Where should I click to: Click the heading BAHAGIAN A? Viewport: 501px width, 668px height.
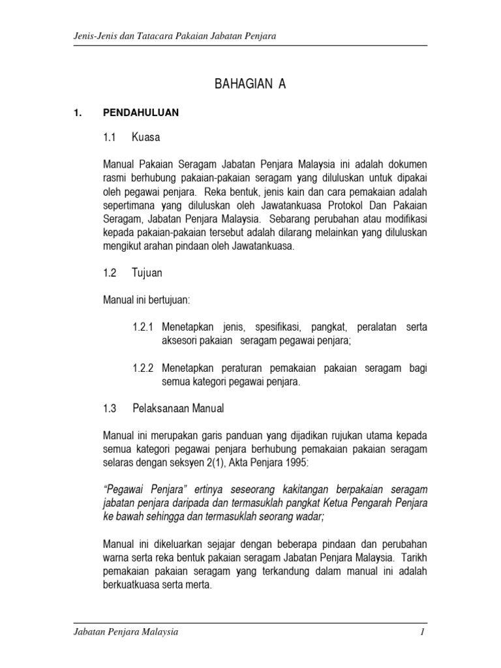[250, 85]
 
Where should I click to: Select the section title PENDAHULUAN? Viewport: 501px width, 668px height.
[141, 113]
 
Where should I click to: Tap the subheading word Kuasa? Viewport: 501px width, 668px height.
[145, 138]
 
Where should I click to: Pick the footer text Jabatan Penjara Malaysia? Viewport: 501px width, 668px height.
[125, 633]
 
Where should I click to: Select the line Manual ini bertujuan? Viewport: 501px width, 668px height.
[145, 299]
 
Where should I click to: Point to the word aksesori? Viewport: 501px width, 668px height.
[179, 341]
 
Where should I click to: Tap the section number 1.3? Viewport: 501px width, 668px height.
[109, 409]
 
